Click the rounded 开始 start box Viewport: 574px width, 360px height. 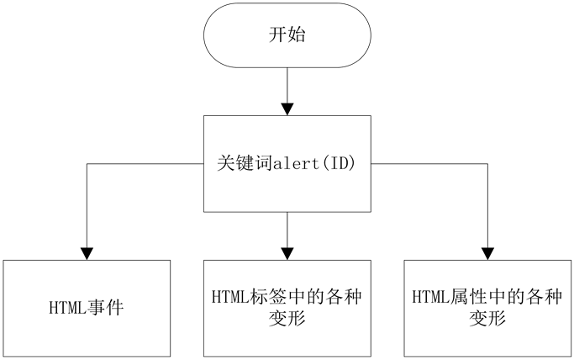click(x=287, y=35)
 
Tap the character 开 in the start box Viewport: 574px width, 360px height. click(x=277, y=35)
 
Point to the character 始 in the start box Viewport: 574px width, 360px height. click(x=297, y=35)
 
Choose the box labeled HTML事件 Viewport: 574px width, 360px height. click(x=87, y=307)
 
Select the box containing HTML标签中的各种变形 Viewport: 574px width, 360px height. click(x=287, y=307)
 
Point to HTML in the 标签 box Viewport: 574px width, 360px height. click(x=227, y=297)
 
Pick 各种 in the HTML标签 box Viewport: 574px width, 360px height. click(x=345, y=297)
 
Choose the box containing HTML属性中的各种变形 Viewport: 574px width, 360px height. click(x=487, y=307)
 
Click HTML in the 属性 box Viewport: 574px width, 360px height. click(x=428, y=297)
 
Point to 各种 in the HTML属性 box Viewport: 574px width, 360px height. click(x=545, y=297)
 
